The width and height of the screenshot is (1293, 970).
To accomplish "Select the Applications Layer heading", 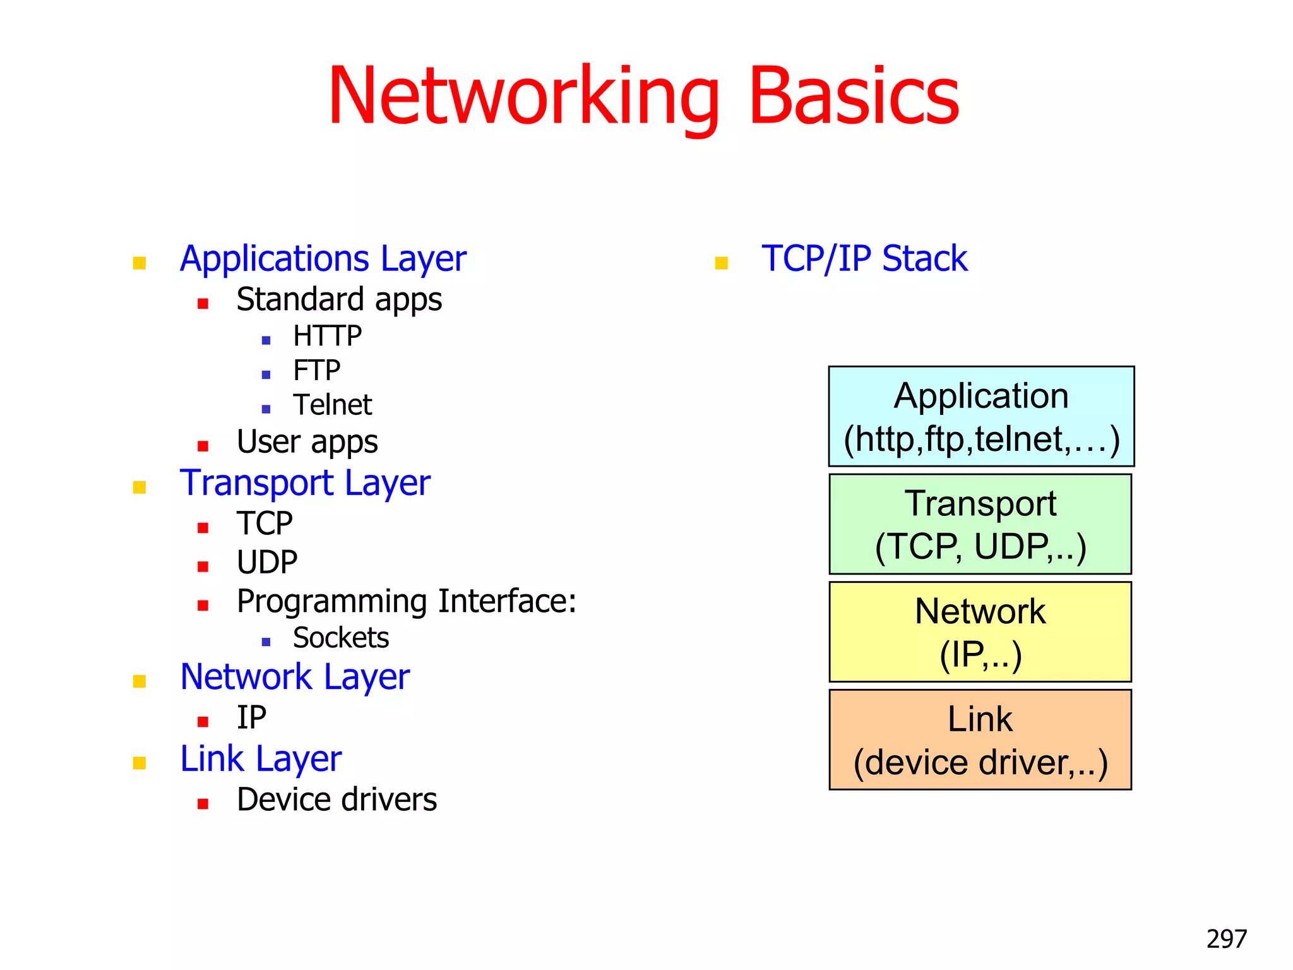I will pos(323,259).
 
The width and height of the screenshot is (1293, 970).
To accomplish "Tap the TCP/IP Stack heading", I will pos(864,259).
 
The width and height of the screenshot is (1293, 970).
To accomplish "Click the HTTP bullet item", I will pos(327,336).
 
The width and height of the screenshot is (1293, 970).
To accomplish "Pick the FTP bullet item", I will pos(316,371).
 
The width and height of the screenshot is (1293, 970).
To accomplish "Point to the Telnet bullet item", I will pos(332,405).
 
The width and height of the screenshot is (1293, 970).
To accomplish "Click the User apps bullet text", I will pos(307,442).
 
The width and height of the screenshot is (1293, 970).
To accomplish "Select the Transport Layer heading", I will pos(305,484).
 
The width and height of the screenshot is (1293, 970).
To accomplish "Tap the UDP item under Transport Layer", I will pos(267,562).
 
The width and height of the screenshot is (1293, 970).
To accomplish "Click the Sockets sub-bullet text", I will pos(341,638).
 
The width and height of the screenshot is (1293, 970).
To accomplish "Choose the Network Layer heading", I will pos(295,678).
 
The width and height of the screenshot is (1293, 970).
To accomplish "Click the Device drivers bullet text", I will pos(337,800).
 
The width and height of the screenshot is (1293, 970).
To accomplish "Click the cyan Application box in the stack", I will pos(981,417).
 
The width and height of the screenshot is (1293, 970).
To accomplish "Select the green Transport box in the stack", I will pos(980,524).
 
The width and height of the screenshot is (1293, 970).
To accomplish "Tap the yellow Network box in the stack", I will pos(980,632).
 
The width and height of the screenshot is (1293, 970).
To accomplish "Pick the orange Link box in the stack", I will pos(980,739).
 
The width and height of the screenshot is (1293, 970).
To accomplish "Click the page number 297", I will pos(1226,939).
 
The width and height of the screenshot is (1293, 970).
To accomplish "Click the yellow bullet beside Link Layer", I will pos(140,763).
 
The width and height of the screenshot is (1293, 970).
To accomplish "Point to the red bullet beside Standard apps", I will pos(203,304).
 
